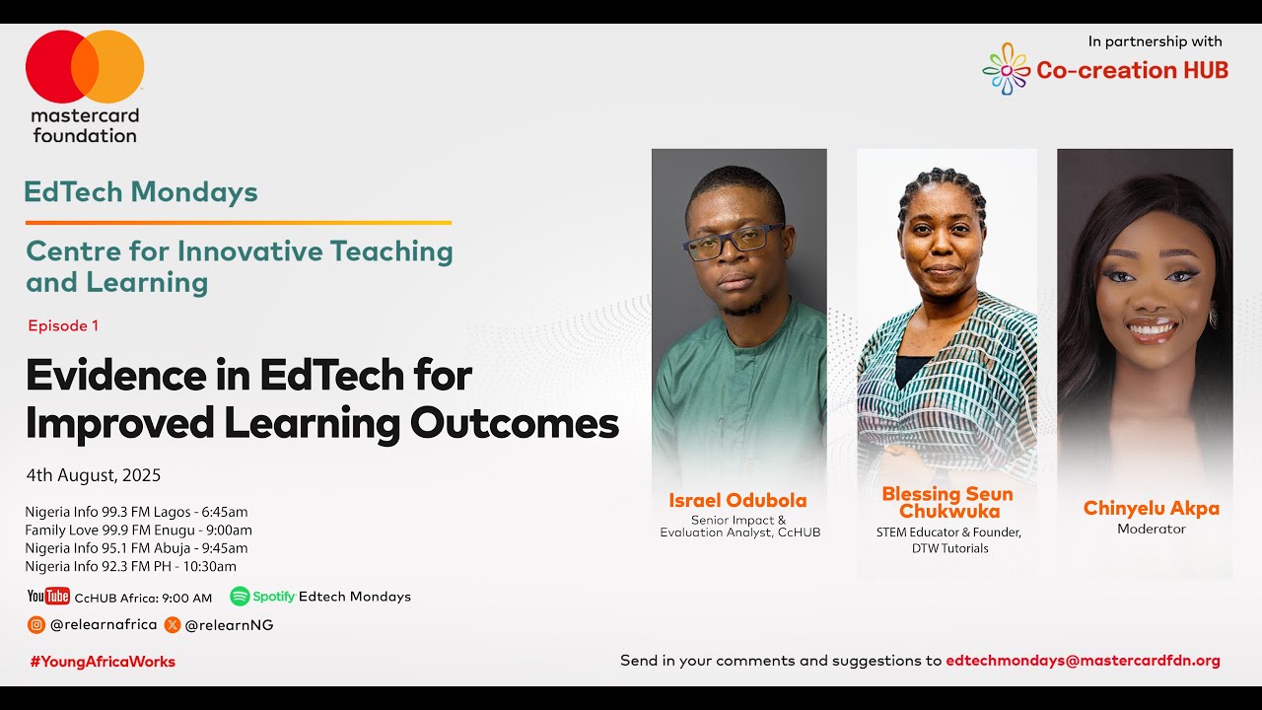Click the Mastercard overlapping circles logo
point(85,67)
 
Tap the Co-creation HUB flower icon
point(1006,69)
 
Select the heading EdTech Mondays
point(141,192)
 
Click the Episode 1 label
point(63,325)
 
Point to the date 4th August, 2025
point(94,475)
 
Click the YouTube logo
point(48,597)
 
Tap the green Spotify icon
point(240,597)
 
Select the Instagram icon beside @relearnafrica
point(36,624)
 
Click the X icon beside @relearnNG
point(173,624)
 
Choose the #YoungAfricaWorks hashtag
point(103,662)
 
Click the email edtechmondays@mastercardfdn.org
point(1083,661)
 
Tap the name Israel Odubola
point(737,500)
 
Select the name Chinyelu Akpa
point(1151,509)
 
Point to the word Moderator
point(1151,530)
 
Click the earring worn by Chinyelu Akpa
point(1212,318)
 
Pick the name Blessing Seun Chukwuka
point(946,503)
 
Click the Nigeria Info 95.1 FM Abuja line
point(136,548)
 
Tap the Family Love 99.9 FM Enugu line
point(138,530)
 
